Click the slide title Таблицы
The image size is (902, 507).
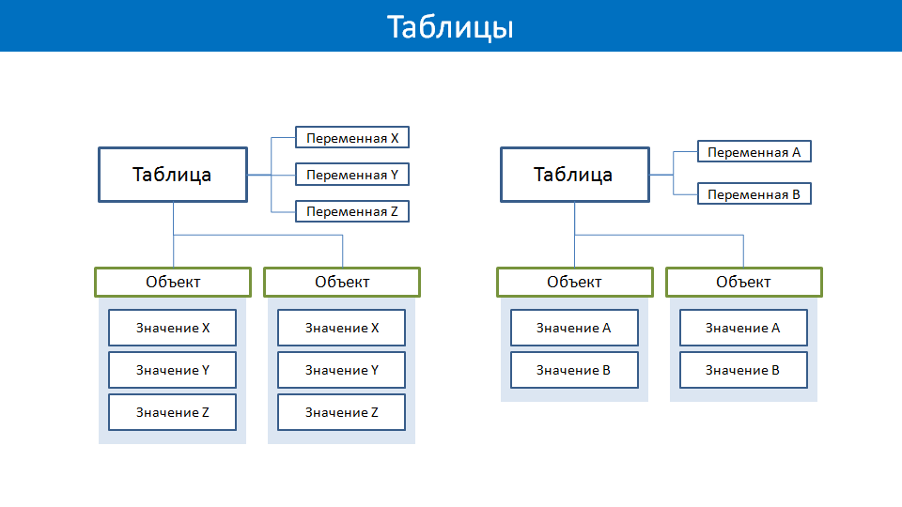450,27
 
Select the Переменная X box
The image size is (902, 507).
352,137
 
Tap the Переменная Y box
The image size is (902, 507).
352,175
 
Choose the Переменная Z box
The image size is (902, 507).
352,211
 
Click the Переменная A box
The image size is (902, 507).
754,152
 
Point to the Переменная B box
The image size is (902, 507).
754,193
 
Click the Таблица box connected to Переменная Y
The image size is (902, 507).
173,175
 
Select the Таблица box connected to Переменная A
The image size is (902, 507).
575,175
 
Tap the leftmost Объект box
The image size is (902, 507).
173,283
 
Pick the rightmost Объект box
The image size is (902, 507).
744,283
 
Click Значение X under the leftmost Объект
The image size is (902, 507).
172,328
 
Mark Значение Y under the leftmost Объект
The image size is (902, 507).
172,370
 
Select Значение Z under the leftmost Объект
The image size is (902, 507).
172,412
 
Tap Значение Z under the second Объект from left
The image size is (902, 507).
341,412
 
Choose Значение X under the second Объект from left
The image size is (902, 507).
341,328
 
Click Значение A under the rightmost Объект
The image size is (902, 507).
743,328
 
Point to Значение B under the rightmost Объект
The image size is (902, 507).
743,370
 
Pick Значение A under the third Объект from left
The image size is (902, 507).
574,328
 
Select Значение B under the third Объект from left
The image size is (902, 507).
574,370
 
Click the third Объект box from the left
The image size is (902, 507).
575,283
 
